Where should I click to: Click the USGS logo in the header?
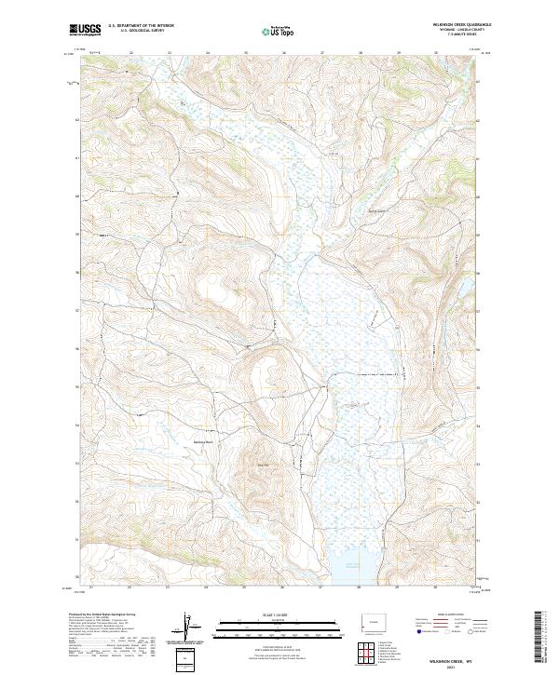[85, 30]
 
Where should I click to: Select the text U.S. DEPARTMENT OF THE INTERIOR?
[141, 26]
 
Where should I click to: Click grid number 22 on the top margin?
[130, 53]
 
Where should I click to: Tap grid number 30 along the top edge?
[437, 53]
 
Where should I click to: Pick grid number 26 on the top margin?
[283, 53]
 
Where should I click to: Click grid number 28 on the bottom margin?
[360, 587]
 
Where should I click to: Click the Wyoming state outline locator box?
[376, 621]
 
